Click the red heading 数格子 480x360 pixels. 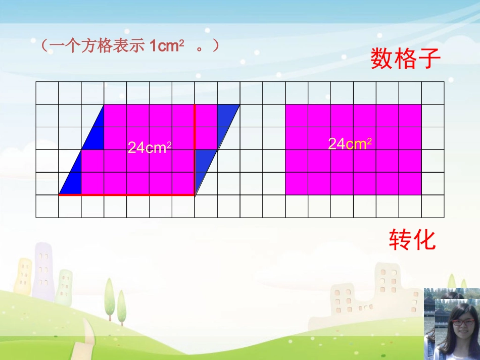[x=406, y=59]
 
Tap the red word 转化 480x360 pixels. [x=412, y=239]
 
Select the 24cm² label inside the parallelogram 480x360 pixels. [x=150, y=147]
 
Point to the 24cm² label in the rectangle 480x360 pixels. [x=350, y=144]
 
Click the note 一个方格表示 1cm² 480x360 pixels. [x=130, y=46]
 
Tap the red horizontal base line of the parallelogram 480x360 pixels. [x=126, y=194]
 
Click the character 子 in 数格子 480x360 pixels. [x=429, y=59]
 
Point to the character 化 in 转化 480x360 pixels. [x=424, y=239]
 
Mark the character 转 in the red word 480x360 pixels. [x=400, y=239]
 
